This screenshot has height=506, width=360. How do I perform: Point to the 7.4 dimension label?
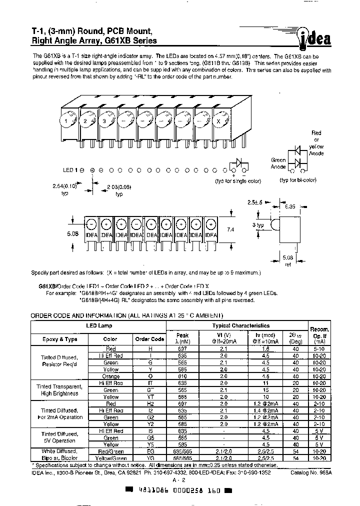click(229, 229)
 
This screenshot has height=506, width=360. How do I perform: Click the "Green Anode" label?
click(278, 163)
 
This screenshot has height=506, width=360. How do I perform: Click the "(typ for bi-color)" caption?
click(297, 179)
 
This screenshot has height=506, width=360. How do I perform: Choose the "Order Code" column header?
click(149, 338)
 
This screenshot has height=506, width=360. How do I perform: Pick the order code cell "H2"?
click(149, 403)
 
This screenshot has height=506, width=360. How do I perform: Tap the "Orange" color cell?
click(110, 376)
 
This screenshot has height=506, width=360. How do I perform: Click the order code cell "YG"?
click(149, 457)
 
